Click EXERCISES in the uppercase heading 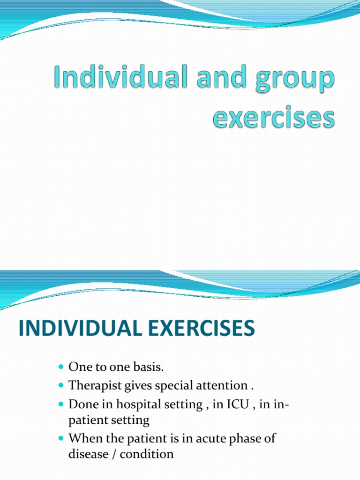(196, 329)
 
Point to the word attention (221, 386)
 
